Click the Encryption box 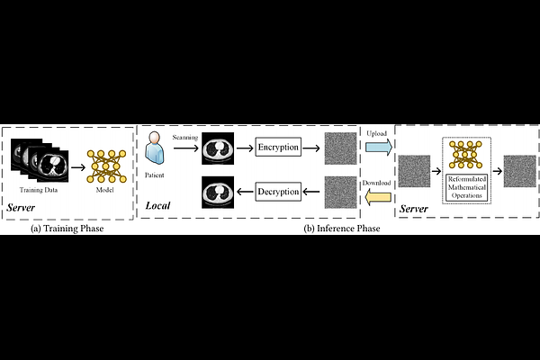[x=278, y=147]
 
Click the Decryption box [x=278, y=192]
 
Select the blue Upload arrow [x=379, y=147]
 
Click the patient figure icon [x=154, y=148]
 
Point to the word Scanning [x=185, y=137]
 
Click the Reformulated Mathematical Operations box [x=466, y=187]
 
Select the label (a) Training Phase [x=67, y=229]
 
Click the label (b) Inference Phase [x=342, y=229]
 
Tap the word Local [x=157, y=206]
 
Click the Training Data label [x=39, y=190]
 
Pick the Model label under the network [x=104, y=190]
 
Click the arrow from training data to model [x=78, y=167]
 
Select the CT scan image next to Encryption [x=218, y=148]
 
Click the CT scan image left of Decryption [x=218, y=193]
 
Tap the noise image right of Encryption [x=340, y=148]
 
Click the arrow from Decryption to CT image [x=245, y=192]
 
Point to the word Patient [x=154, y=175]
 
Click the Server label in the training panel [x=21, y=207]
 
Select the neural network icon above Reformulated [x=466, y=155]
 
